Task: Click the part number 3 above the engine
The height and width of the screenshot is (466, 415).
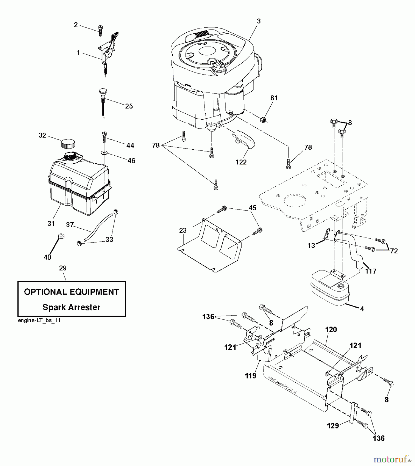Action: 258,21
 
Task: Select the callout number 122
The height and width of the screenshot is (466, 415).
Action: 241,162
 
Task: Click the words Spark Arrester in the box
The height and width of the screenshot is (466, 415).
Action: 71,307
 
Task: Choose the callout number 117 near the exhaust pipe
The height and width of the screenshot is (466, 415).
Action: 370,271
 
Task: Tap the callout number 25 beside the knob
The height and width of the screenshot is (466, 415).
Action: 129,106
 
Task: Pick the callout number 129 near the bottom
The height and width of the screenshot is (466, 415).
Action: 333,426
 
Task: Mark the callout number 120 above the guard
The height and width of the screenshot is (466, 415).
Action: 331,330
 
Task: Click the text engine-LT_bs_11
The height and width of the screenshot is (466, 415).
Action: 39,320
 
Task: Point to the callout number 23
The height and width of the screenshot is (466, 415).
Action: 183,230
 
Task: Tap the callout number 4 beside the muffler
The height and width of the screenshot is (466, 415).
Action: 362,309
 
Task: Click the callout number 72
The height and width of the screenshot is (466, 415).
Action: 393,251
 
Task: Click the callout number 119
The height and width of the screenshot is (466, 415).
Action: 251,376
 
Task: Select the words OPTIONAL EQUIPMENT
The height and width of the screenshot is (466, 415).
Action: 71,292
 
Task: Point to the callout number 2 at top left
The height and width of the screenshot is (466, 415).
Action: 76,25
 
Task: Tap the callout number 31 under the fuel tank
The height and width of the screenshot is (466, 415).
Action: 51,223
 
